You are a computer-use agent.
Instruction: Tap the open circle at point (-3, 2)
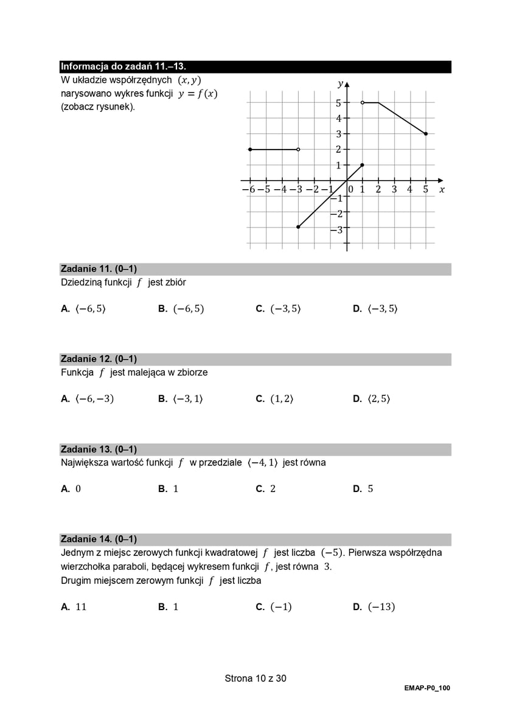click(x=298, y=149)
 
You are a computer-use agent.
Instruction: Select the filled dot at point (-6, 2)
click(x=250, y=149)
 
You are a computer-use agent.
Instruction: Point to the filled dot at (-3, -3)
click(x=298, y=227)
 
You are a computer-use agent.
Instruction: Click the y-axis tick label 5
click(x=338, y=103)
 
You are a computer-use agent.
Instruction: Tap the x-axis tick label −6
click(x=248, y=190)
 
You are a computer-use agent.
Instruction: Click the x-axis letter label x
click(x=442, y=190)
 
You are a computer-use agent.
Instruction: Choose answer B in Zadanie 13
click(x=169, y=489)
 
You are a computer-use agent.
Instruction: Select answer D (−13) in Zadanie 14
click(x=374, y=607)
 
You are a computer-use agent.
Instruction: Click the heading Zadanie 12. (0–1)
click(x=99, y=359)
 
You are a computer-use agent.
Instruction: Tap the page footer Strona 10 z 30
click(x=255, y=678)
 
